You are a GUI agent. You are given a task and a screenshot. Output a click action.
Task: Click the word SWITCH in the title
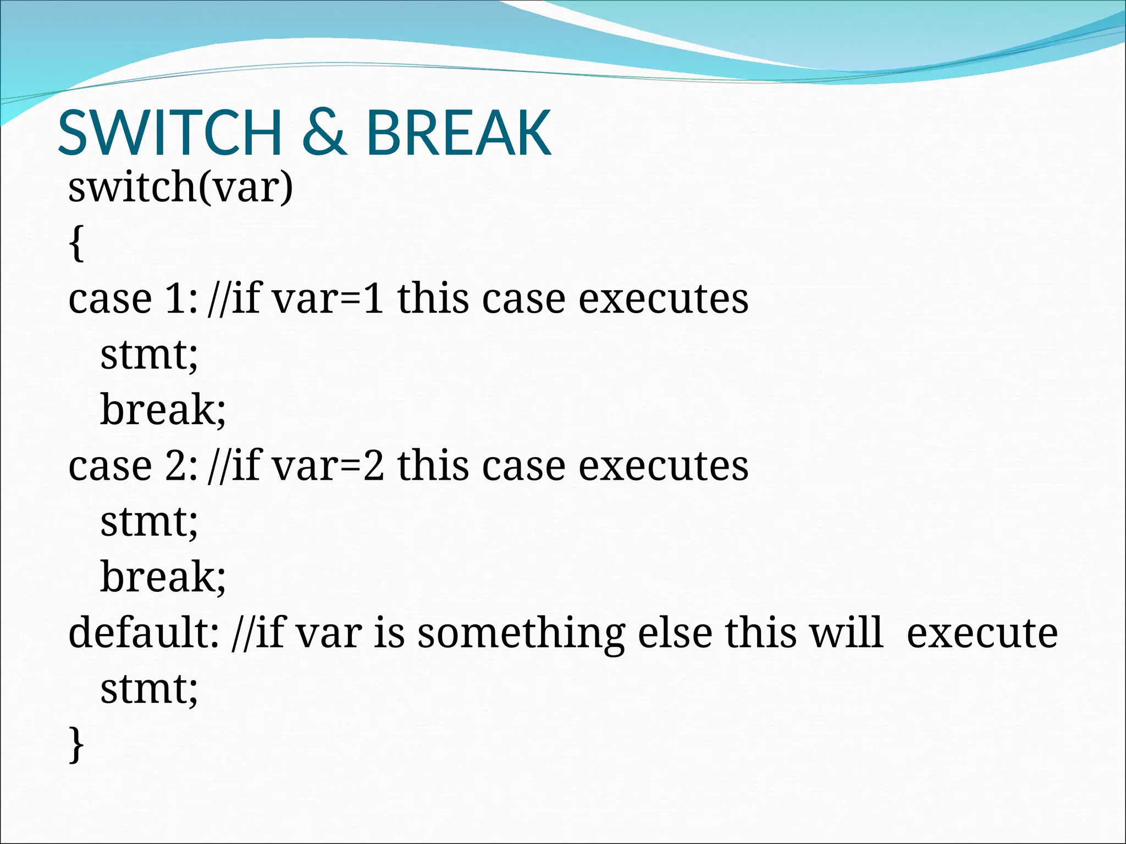coord(170,133)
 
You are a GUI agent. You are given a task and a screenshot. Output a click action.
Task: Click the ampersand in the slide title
coord(324,133)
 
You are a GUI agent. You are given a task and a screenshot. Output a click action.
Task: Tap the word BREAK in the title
coord(458,133)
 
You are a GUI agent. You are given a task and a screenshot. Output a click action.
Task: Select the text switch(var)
coord(180,188)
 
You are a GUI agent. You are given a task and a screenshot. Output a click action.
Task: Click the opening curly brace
coord(76,244)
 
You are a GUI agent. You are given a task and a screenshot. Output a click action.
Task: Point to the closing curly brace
coord(76,745)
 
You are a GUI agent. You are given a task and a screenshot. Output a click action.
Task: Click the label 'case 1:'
coord(132,299)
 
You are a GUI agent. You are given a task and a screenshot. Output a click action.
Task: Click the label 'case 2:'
coord(132,467)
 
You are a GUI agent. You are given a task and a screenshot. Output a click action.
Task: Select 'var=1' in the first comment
coord(328,299)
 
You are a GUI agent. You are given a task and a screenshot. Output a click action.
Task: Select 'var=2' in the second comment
coord(328,467)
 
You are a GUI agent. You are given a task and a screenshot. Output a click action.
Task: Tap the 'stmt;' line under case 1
coord(148,355)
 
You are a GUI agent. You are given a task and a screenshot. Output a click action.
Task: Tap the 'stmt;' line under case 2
coord(148,522)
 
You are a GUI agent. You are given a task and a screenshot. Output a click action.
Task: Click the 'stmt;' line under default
coord(148,689)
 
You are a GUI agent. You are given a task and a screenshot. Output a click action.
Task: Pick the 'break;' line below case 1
coord(163,410)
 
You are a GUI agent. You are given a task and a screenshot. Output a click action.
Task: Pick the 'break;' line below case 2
coord(163,578)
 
